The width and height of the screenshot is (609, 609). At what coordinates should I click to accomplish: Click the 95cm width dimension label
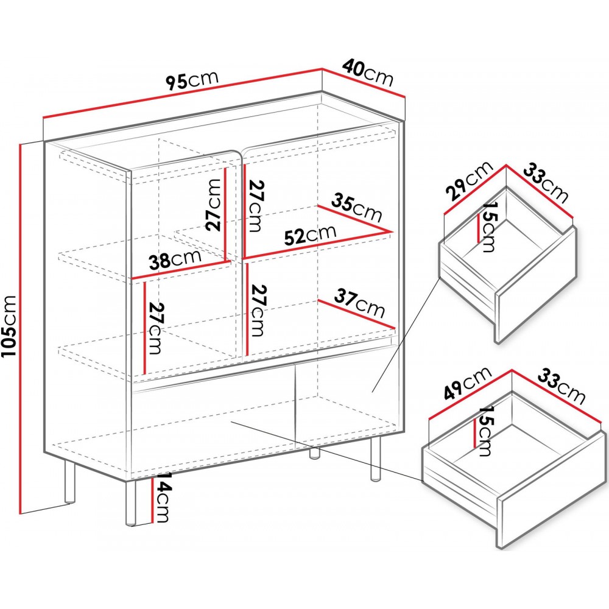tap(192, 80)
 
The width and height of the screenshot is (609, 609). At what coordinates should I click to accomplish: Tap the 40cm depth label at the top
tap(367, 73)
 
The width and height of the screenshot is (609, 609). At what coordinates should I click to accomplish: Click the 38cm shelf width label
tap(175, 259)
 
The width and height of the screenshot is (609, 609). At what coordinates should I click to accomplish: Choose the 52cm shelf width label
tap(310, 235)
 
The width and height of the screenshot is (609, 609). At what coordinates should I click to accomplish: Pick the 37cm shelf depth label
tap(359, 303)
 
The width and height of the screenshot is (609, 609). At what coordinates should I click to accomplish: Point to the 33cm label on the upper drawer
tap(546, 183)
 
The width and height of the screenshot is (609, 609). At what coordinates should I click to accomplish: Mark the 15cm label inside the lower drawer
tap(485, 431)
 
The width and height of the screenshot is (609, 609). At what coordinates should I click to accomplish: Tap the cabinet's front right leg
tap(375, 459)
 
